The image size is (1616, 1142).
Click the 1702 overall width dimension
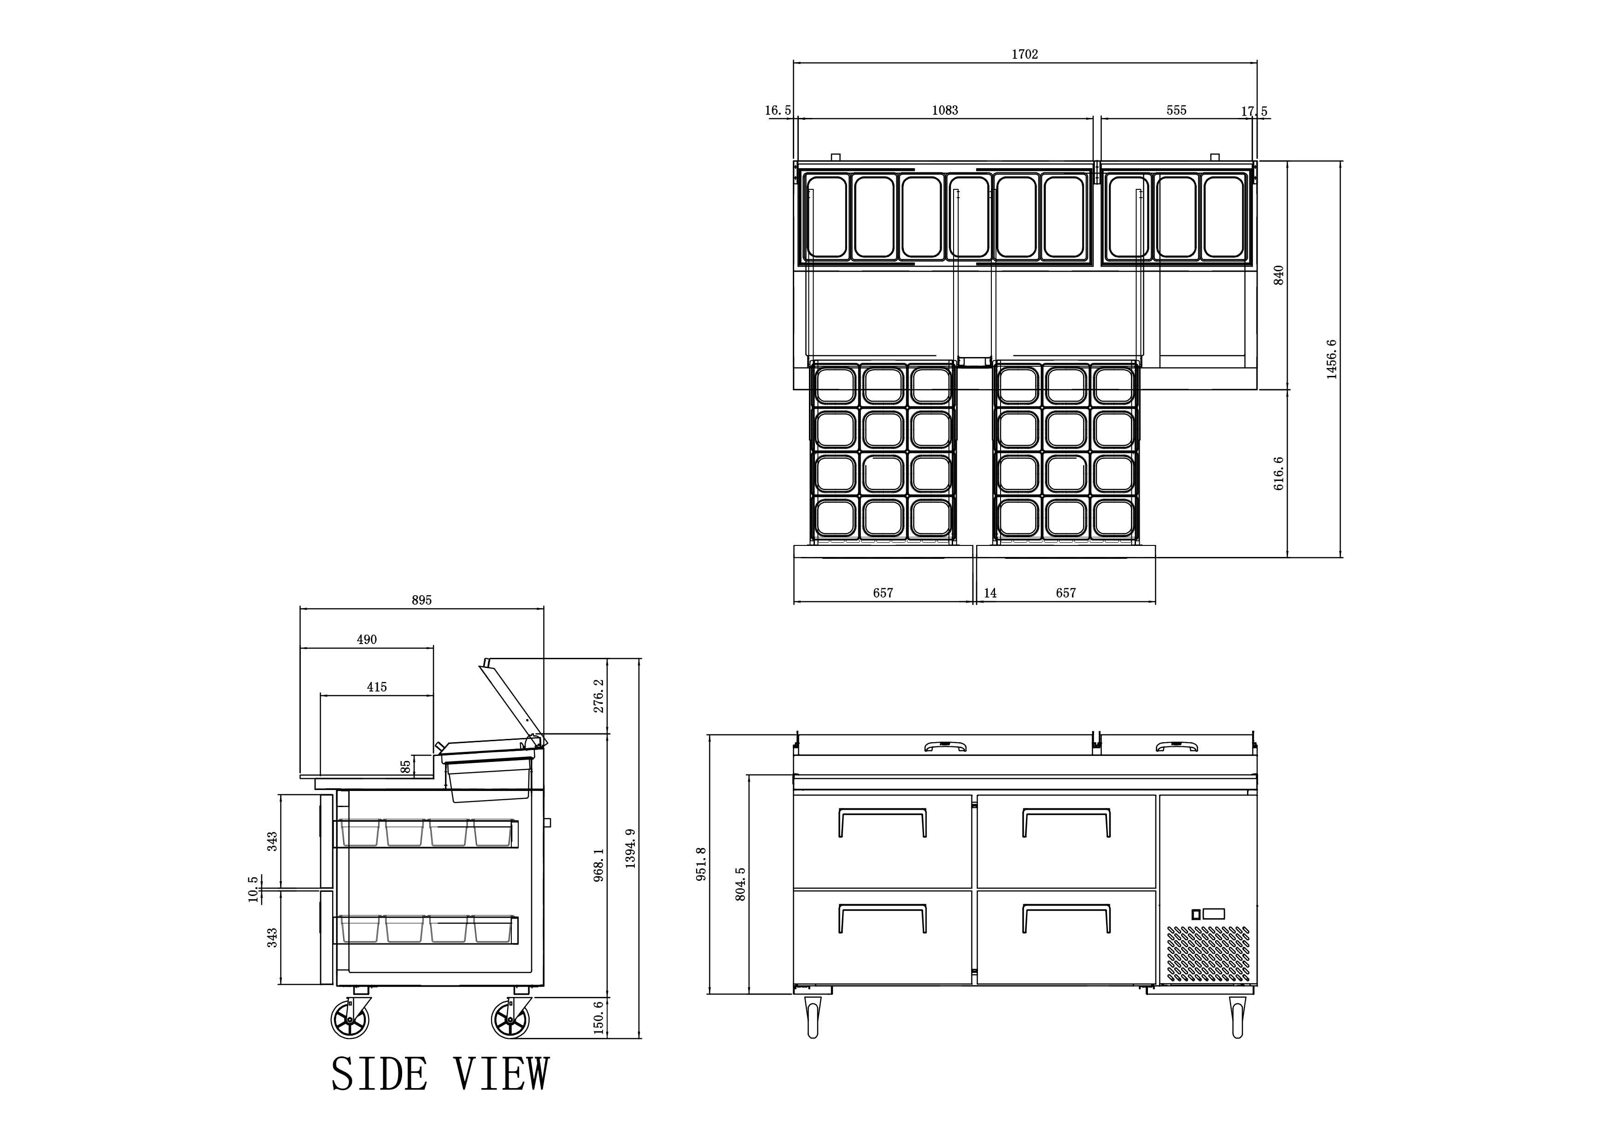1025,54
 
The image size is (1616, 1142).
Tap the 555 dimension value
1176,111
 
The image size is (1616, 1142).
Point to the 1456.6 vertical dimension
1332,360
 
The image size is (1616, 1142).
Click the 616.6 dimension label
1279,474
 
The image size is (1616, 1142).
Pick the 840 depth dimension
1279,275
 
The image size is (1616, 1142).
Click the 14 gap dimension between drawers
990,593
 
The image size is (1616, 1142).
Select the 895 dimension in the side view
422,600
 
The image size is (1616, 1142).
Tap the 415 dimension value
376,687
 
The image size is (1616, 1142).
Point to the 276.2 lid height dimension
599,696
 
